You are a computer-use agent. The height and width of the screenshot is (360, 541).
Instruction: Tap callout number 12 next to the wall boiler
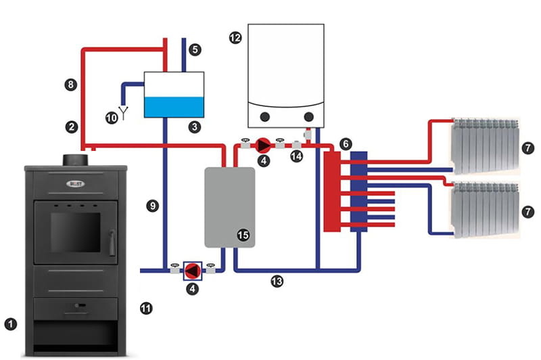pyautogui.click(x=235, y=39)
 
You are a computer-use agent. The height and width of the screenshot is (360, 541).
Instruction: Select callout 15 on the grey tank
pyautogui.click(x=243, y=234)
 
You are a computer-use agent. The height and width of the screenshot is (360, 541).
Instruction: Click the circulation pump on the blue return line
pyautogui.click(x=193, y=271)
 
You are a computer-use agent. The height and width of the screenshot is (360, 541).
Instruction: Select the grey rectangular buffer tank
pyautogui.click(x=229, y=207)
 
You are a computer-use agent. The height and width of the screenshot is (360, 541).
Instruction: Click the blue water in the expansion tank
pyautogui.click(x=175, y=106)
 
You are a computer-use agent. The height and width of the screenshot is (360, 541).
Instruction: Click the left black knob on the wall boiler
pyautogui.click(x=265, y=117)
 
